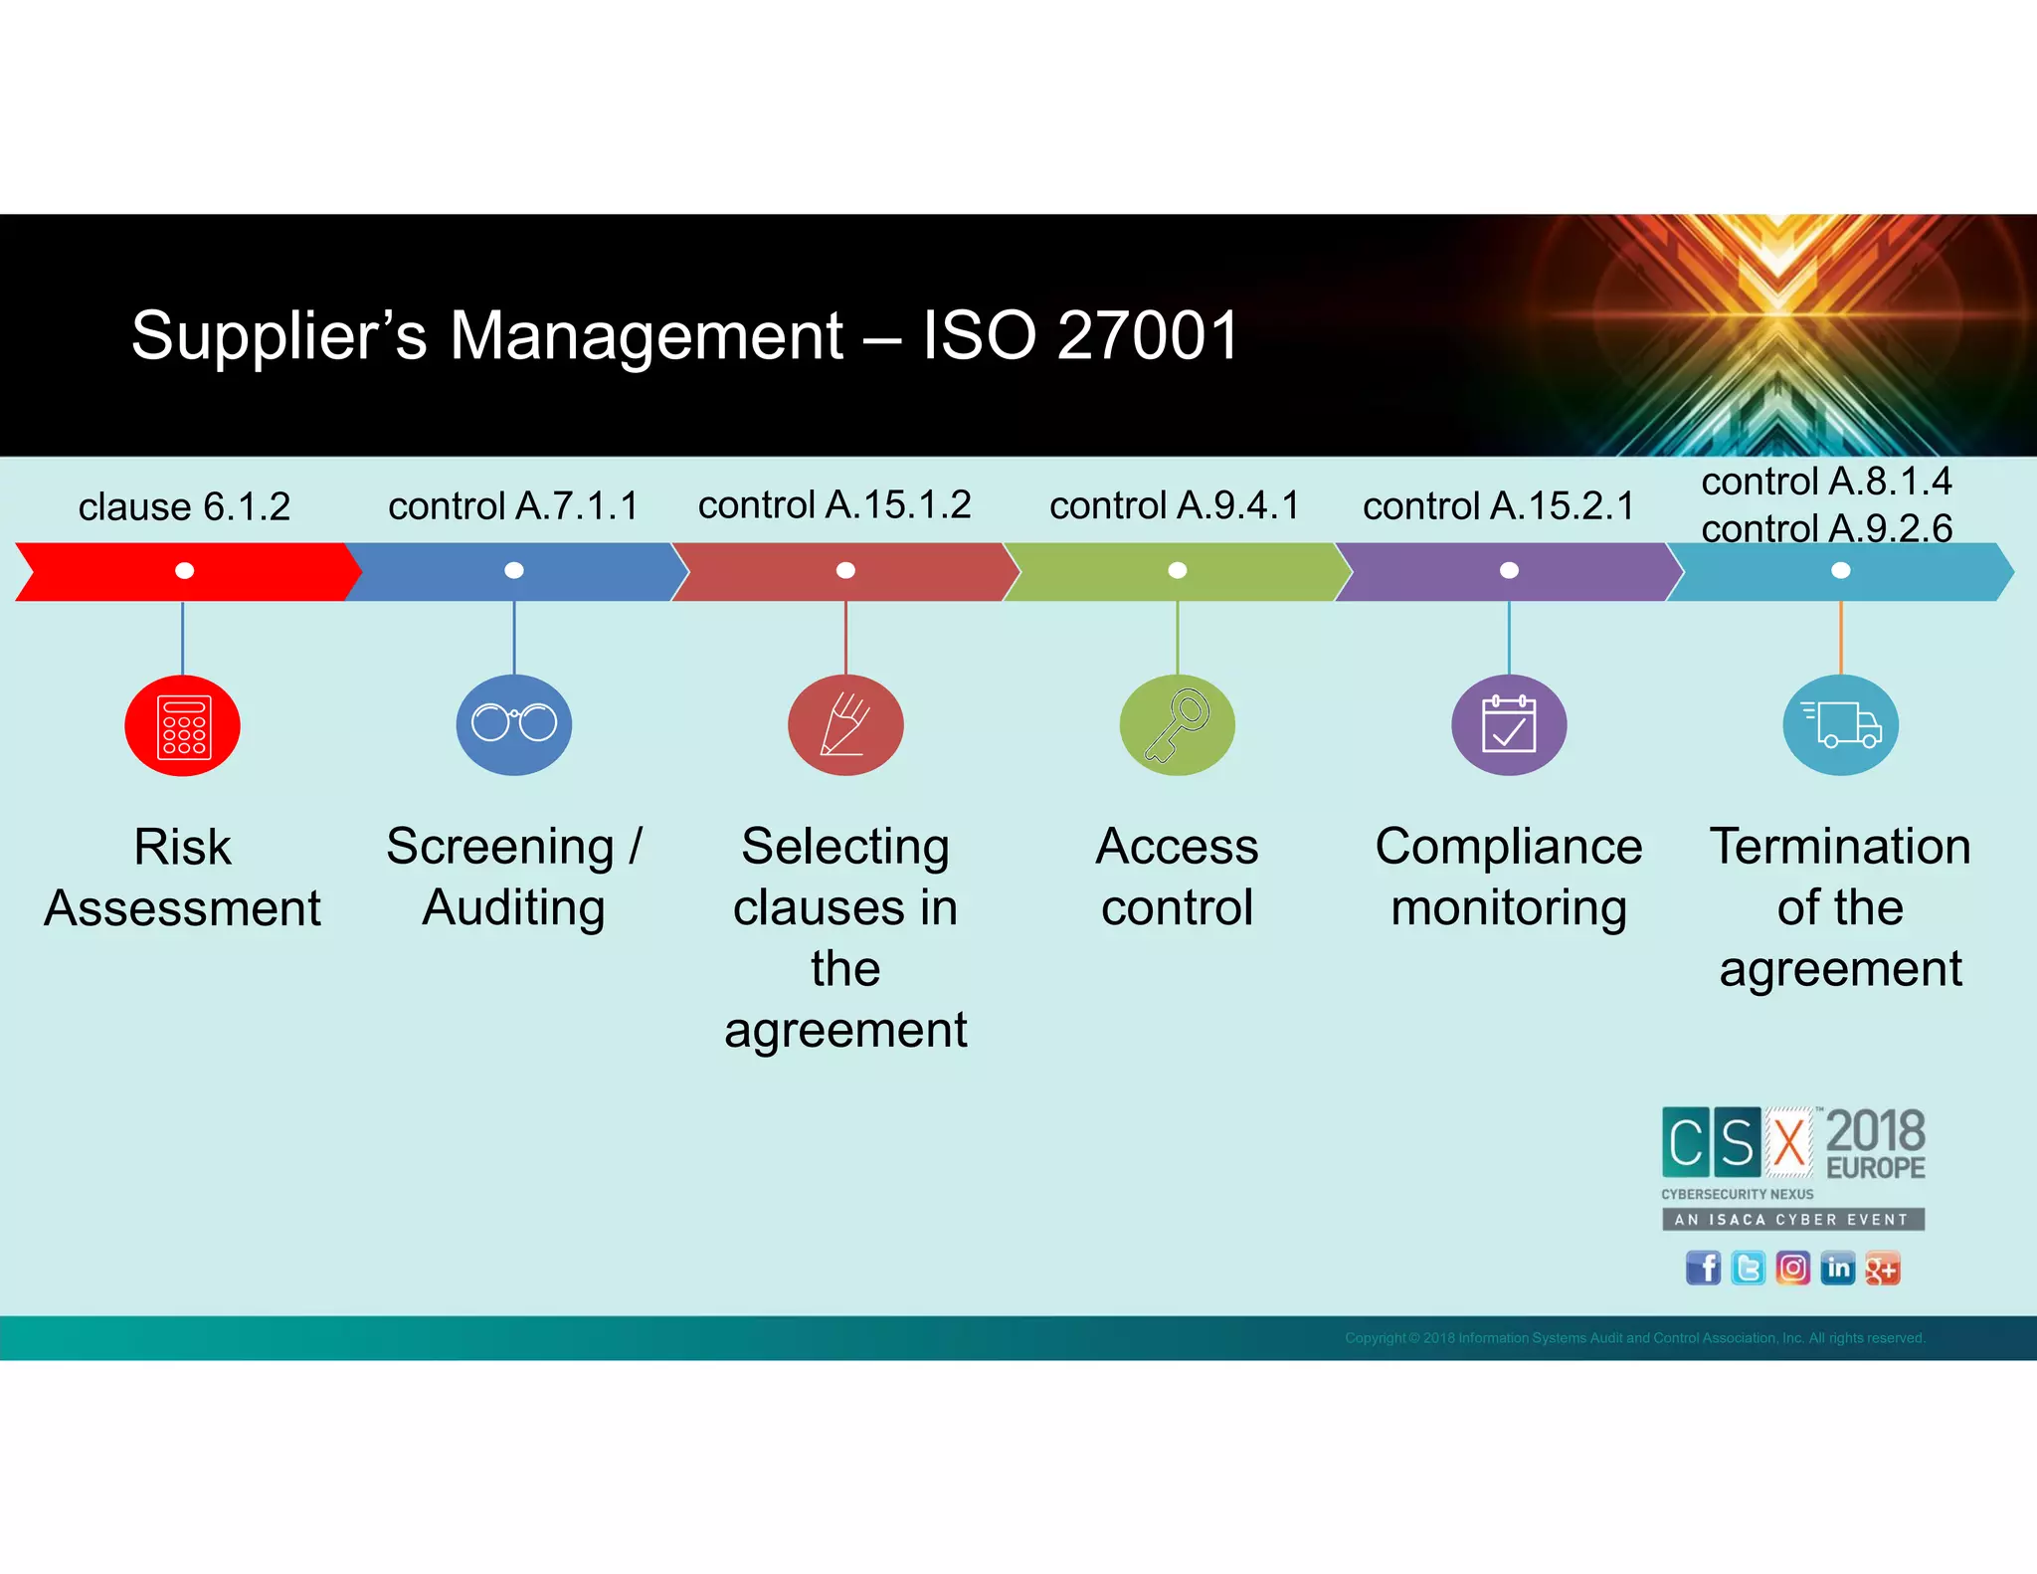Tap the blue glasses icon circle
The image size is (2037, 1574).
click(x=514, y=724)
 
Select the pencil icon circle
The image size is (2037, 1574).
click(x=845, y=725)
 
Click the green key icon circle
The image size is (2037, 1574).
click(x=1178, y=725)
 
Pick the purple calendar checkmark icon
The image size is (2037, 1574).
click(x=1509, y=725)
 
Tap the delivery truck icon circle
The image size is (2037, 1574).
click(x=1840, y=725)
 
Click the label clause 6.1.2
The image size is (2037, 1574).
click(x=184, y=507)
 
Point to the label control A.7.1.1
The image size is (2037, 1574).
click(x=513, y=506)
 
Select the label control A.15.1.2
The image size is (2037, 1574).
click(x=834, y=505)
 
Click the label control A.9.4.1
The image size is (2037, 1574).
click(x=1175, y=506)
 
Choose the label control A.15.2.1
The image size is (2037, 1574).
click(x=1499, y=506)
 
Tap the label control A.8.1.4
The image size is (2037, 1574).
click(x=1826, y=482)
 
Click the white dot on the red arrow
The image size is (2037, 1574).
click(x=184, y=570)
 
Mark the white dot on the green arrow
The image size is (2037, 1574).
click(x=1178, y=570)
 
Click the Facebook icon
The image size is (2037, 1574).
click(x=1703, y=1269)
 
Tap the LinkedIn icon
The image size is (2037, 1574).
click(x=1837, y=1269)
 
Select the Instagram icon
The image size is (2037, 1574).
click(x=1792, y=1269)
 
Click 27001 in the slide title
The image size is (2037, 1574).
click(x=1149, y=335)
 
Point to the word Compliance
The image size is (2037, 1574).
click(x=1509, y=847)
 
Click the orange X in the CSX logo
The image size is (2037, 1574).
click(x=1789, y=1142)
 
